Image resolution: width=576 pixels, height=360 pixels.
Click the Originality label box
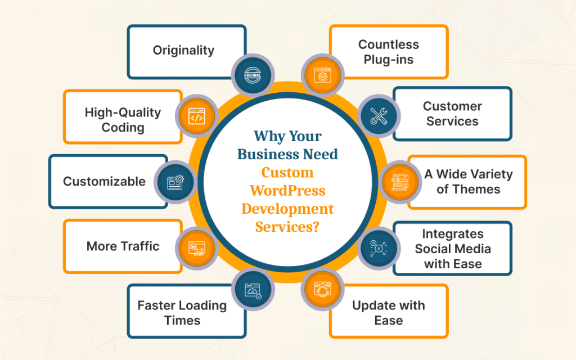[x=183, y=50]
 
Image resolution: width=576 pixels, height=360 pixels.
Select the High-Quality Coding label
[x=123, y=119]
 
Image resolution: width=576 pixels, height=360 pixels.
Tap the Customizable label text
[x=104, y=181]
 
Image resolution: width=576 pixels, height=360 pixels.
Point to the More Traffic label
[x=123, y=246]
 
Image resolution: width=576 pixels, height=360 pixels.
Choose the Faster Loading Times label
[x=182, y=313]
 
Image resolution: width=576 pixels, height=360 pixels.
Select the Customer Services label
[x=452, y=114]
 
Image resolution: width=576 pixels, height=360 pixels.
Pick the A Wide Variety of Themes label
[x=468, y=181]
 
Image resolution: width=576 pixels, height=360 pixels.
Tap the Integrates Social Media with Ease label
[x=453, y=249]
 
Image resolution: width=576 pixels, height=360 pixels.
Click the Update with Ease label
[x=388, y=313]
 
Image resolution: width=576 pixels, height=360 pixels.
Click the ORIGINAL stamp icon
[x=253, y=74]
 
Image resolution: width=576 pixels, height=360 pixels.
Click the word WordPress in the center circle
[x=287, y=190]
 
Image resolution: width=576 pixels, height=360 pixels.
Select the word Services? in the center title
[x=287, y=226]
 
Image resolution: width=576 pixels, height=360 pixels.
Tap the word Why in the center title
[x=268, y=137]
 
